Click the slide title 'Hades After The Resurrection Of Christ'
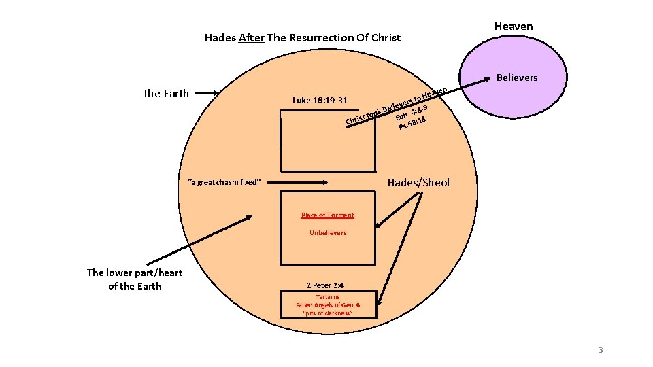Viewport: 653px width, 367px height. [303, 38]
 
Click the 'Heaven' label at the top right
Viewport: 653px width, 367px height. [514, 27]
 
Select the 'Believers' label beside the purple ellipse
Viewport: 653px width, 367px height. [516, 77]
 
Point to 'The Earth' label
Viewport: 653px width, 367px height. [166, 94]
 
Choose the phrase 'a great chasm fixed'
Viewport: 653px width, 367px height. [224, 182]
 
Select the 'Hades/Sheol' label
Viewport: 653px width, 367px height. [418, 182]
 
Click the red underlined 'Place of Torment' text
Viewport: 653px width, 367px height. [327, 215]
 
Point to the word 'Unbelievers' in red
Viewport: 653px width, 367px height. [328, 233]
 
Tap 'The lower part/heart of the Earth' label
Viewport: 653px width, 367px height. [135, 279]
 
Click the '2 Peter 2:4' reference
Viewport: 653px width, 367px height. [327, 286]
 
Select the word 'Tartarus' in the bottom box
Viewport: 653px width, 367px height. [327, 297]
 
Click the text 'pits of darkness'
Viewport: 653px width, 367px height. [327, 313]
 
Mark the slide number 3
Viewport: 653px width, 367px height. [600, 350]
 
